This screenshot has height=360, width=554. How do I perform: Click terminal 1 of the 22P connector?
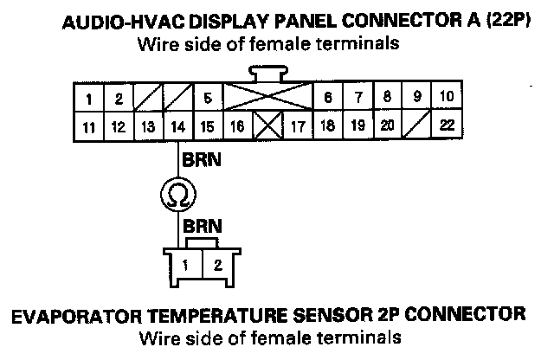tap(89, 98)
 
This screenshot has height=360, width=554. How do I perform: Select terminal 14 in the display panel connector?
tap(177, 125)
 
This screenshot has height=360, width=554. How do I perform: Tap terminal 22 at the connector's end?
tap(447, 125)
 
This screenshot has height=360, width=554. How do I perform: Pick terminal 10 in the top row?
tap(447, 97)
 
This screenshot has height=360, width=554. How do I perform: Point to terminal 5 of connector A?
tap(208, 98)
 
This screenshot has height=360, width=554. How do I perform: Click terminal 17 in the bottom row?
tap(297, 125)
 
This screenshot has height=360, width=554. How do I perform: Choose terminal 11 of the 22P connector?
tap(89, 125)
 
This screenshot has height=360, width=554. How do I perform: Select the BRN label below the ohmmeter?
tap(199, 226)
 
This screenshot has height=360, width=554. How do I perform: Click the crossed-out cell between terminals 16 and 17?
tap(266, 125)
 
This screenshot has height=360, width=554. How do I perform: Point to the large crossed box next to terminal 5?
tap(267, 97)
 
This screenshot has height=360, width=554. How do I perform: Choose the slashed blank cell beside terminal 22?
tap(417, 125)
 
